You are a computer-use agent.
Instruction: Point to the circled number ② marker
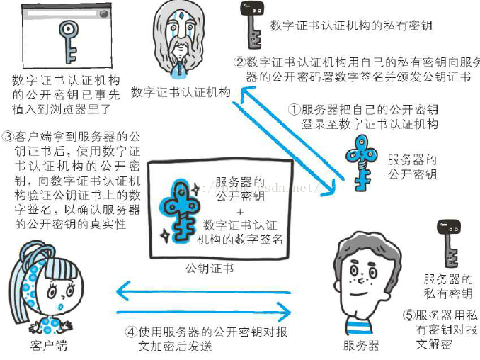click(239, 62)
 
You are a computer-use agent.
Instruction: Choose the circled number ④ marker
click(131, 331)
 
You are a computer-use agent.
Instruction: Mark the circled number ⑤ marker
click(408, 315)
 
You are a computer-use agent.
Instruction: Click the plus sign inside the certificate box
click(240, 210)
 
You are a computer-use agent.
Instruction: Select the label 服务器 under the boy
click(361, 346)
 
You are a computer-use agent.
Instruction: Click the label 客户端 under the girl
click(48, 346)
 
